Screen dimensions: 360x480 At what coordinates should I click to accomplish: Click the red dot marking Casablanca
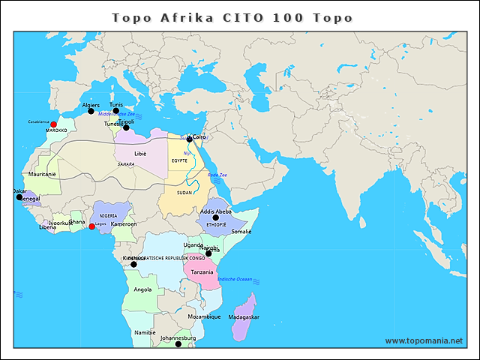(53, 124)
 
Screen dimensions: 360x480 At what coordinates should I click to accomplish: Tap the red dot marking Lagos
(91, 226)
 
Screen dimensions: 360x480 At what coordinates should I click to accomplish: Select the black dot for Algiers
(91, 112)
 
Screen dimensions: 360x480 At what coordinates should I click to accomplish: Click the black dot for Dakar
(19, 197)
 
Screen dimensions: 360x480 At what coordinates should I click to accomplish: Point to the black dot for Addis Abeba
(215, 217)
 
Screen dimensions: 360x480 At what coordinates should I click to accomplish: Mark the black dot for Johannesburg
(178, 344)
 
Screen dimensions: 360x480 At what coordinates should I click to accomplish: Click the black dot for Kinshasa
(133, 264)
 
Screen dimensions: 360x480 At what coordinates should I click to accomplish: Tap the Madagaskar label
(243, 317)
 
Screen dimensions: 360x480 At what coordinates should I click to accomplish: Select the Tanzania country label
(202, 272)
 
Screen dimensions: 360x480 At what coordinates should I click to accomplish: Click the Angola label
(142, 289)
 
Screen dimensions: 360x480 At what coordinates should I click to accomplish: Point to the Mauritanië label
(42, 174)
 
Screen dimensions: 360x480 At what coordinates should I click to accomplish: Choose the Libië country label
(141, 153)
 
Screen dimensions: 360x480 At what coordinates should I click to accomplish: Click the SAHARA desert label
(126, 163)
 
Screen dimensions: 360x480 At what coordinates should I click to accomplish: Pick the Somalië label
(241, 232)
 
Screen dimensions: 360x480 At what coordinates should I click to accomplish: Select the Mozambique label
(204, 316)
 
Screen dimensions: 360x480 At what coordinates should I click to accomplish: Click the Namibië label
(145, 331)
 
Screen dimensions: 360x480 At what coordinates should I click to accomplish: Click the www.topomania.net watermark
(424, 340)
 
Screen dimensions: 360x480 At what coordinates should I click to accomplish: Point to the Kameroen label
(124, 224)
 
